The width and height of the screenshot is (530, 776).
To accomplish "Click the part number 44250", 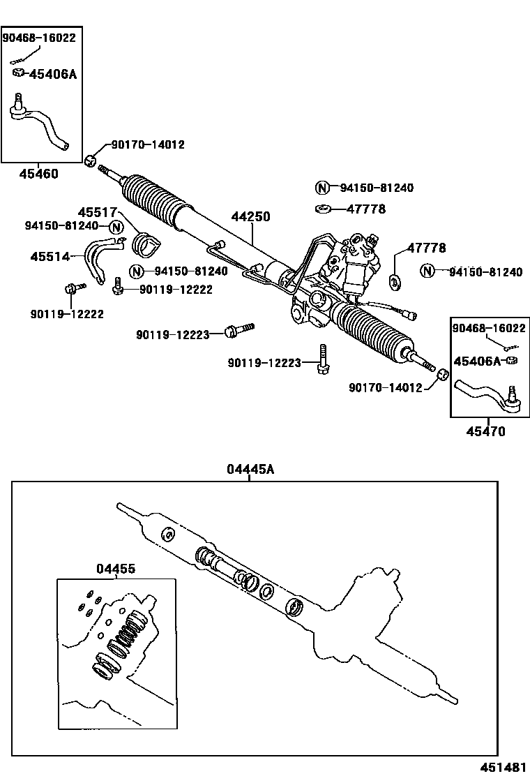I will [x=250, y=217].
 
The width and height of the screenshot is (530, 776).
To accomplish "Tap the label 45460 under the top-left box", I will [x=38, y=174].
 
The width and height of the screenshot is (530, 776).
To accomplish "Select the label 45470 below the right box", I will [x=485, y=431].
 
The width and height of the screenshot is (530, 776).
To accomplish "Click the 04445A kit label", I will [x=250, y=470].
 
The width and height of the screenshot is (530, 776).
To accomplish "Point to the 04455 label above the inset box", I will [x=116, y=569].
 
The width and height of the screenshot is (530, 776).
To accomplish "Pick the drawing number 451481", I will [x=503, y=767].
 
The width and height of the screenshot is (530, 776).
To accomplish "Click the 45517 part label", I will [x=96, y=212].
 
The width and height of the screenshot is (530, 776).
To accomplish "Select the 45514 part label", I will [x=50, y=257].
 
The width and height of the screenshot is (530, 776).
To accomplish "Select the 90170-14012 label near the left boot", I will [x=148, y=145].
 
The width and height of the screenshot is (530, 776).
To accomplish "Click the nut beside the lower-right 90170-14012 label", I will [x=441, y=376].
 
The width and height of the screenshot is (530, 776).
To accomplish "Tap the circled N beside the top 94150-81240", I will [x=321, y=188].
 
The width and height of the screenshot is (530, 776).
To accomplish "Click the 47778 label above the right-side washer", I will [x=427, y=248].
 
